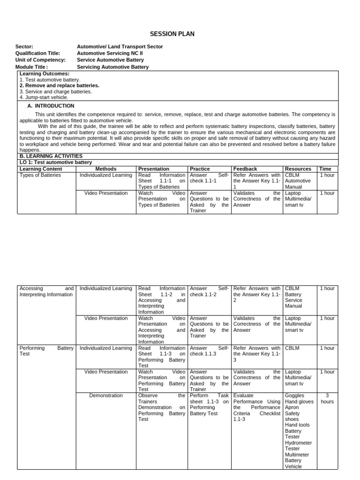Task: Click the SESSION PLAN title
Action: coord(172,34)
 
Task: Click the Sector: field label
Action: coord(25,47)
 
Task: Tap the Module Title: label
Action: coord(32,67)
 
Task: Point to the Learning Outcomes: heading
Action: coord(45,74)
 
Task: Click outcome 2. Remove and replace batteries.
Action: coord(60,86)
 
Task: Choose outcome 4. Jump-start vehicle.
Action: coord(44,97)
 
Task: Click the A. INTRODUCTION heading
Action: coord(51,106)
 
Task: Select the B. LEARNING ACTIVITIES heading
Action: coord(51,156)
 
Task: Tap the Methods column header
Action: coord(105,169)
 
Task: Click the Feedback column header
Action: coord(245,169)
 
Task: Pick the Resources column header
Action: coord(298,169)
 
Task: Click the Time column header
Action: coord(325,169)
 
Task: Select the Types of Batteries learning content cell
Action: coord(40,175)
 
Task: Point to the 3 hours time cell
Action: coord(327,398)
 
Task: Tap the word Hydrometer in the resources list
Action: coord(298,443)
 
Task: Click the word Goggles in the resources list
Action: coord(294,396)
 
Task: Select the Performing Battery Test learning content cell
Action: coord(46,351)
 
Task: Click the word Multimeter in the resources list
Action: coord(297,455)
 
